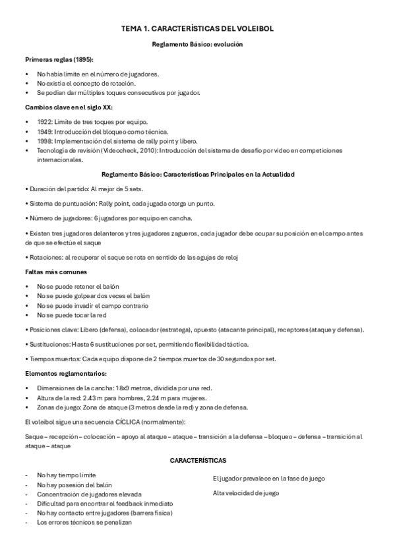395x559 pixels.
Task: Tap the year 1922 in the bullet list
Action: pyautogui.click(x=46, y=122)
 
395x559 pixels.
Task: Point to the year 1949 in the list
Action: pyautogui.click(x=46, y=131)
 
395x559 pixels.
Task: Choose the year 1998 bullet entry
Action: pyautogui.click(x=46, y=141)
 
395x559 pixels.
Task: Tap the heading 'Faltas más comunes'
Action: pyautogui.click(x=56, y=272)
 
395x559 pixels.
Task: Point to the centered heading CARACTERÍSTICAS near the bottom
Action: pyautogui.click(x=198, y=459)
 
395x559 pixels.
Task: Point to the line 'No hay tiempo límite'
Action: pyautogui.click(x=67, y=475)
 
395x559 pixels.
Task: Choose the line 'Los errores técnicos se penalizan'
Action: pyautogui.click(x=84, y=522)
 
